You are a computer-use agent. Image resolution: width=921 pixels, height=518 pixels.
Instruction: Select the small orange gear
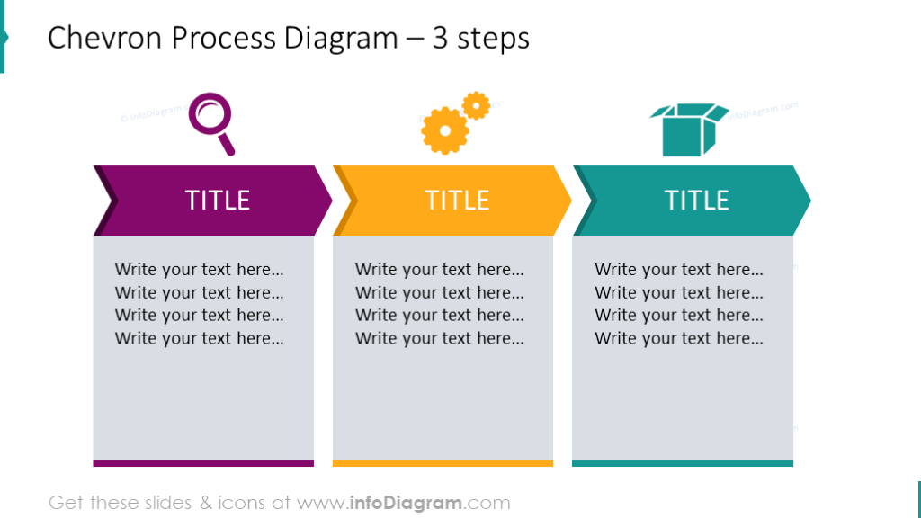(476, 105)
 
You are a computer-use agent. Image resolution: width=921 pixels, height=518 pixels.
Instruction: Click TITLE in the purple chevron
(217, 200)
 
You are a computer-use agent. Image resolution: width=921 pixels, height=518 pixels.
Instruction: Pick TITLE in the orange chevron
(457, 200)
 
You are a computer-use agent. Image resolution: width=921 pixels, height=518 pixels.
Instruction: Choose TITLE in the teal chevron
(696, 200)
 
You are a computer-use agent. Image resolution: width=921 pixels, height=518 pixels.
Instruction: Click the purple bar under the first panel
(203, 463)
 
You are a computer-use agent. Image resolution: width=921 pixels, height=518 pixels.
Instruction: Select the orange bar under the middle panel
(443, 463)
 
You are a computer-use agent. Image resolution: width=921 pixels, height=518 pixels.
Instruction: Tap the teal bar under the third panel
(683, 463)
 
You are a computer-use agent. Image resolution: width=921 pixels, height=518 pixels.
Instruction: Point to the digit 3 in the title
(441, 39)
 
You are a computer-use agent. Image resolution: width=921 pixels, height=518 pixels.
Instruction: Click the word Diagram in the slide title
(341, 39)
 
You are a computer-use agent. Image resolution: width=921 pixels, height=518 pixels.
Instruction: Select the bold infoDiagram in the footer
(406, 503)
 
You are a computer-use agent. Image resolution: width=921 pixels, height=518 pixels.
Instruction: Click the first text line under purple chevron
(199, 269)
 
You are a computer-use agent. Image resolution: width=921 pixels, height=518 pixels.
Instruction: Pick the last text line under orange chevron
(439, 338)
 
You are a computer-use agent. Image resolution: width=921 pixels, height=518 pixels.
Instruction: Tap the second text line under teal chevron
(679, 292)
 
